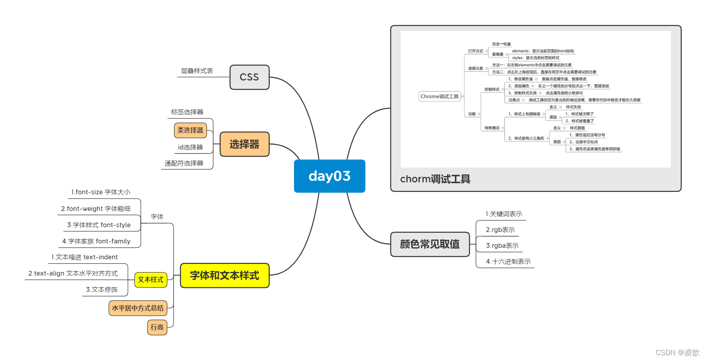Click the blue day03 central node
[329, 176]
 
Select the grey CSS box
[249, 77]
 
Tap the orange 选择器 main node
[244, 144]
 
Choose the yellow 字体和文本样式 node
[224, 276]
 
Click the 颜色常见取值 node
[430, 244]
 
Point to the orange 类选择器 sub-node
[190, 130]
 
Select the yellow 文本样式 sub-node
[151, 280]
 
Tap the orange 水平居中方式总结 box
[138, 308]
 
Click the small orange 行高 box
[157, 327]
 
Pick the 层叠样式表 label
[197, 71]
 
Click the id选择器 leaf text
[190, 147]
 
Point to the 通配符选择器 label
[184, 163]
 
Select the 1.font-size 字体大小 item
[101, 192]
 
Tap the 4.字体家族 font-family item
[96, 241]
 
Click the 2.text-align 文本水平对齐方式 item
[73, 274]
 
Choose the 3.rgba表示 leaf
[502, 246]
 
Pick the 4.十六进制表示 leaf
[508, 262]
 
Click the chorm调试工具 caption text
[435, 179]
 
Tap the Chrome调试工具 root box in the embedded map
[439, 96]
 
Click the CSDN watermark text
[677, 352]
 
